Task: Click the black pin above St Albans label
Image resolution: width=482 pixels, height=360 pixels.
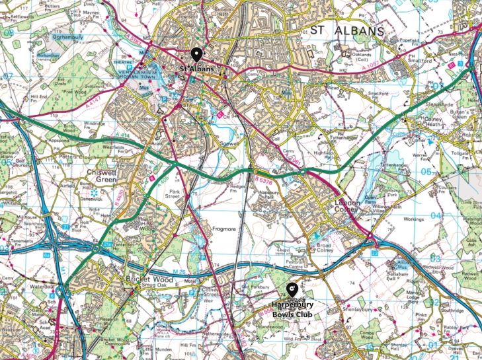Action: (x=196, y=55)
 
